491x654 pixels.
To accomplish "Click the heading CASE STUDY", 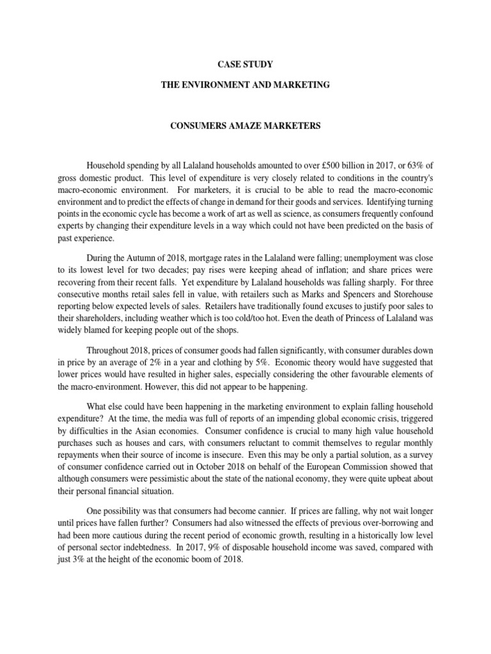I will pyautogui.click(x=245, y=65).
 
